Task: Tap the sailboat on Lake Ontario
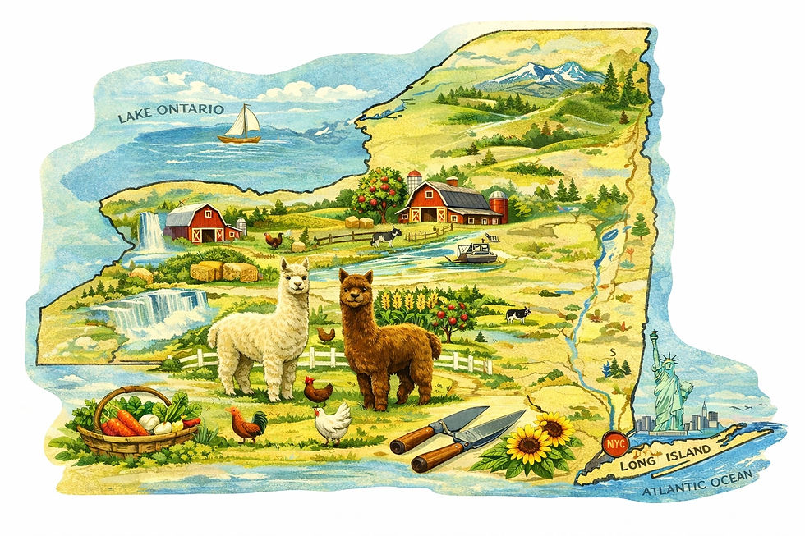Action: pos(240,125)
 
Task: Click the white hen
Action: pos(332,424)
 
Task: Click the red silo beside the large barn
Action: pos(499,207)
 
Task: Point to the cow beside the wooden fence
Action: pos(384,236)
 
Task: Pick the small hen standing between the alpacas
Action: pos(326,334)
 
